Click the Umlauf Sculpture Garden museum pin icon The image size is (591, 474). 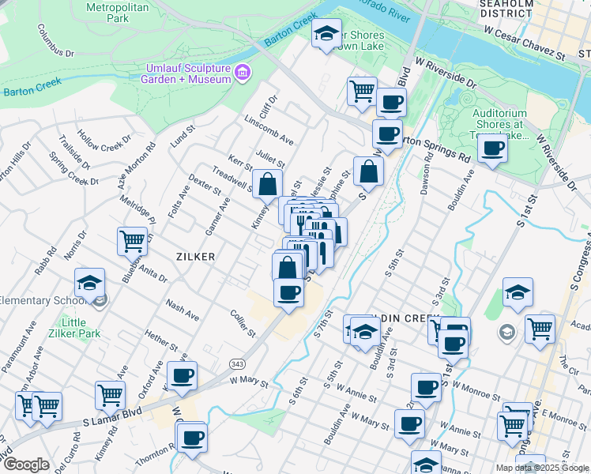(x=243, y=73)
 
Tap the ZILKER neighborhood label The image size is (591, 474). (x=195, y=256)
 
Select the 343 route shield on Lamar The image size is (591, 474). (x=236, y=363)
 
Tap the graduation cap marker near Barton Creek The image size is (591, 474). (x=326, y=34)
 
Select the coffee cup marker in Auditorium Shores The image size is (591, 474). (x=492, y=149)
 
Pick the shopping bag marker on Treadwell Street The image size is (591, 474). (x=268, y=184)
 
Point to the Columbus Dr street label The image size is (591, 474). (x=55, y=40)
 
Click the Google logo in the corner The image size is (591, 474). (x=26, y=465)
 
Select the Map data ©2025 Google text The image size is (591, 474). (x=542, y=468)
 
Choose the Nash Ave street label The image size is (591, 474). (x=182, y=310)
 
